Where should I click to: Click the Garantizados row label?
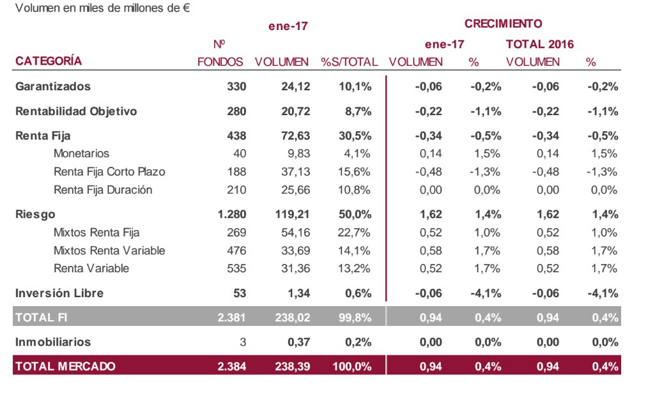(x=53, y=86)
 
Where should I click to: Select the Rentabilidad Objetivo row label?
(x=76, y=111)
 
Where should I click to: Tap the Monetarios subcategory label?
(x=81, y=153)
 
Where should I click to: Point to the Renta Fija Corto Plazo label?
(x=109, y=172)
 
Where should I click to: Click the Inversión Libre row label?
(x=59, y=293)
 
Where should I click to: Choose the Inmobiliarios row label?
(x=53, y=342)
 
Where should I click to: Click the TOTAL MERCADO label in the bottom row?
(x=65, y=366)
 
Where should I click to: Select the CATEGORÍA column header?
(x=49, y=61)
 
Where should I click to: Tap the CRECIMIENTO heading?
(x=503, y=24)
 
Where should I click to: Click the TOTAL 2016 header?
(x=539, y=44)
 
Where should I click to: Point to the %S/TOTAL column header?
(x=349, y=62)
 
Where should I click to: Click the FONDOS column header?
(x=220, y=62)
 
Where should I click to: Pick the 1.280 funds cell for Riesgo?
(x=231, y=215)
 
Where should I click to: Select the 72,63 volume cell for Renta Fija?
(x=295, y=135)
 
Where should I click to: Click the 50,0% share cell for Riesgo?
(x=356, y=215)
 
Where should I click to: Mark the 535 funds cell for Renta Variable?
(x=236, y=268)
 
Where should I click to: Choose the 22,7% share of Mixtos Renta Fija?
(x=357, y=233)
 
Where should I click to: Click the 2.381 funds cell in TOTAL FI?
(x=231, y=318)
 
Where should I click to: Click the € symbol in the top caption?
(x=187, y=9)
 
